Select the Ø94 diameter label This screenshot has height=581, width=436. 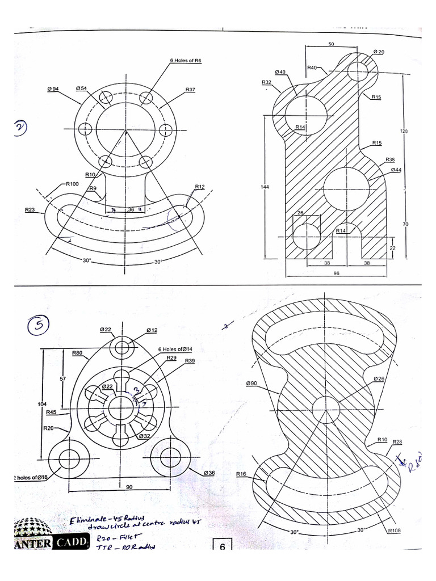point(53,89)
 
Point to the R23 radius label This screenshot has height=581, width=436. point(30,209)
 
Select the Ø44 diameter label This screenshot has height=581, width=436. point(396,170)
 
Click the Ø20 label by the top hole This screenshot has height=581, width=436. point(379,52)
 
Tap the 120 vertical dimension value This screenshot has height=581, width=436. point(404,131)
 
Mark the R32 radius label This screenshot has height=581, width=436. point(267,82)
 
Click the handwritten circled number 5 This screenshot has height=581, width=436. point(39,325)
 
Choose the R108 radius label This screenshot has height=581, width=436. point(394,531)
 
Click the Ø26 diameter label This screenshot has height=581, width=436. point(379,378)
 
